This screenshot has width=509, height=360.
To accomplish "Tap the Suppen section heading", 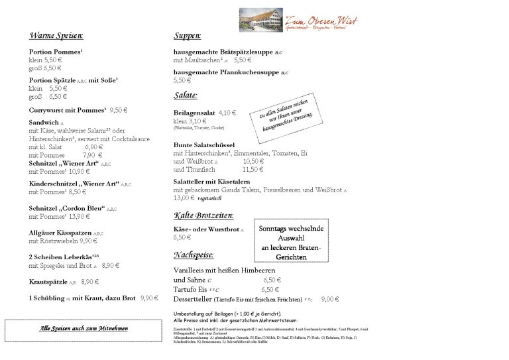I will pos(188,35).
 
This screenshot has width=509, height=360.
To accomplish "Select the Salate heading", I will pos(186,95).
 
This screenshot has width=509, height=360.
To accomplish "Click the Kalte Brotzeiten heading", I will pos(203,215).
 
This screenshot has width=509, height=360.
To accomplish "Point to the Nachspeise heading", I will pos(193,255).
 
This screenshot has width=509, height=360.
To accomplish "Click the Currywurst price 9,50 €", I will pos(119,110).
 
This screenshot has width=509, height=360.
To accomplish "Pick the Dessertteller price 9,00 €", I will pos(330,299).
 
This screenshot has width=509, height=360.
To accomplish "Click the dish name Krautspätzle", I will pos(48,282).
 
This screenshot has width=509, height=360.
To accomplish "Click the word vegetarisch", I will pos(211,198).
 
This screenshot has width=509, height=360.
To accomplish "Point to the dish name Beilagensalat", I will pos(194,113).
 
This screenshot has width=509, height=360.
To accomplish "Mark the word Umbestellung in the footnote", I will pos(189,314).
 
